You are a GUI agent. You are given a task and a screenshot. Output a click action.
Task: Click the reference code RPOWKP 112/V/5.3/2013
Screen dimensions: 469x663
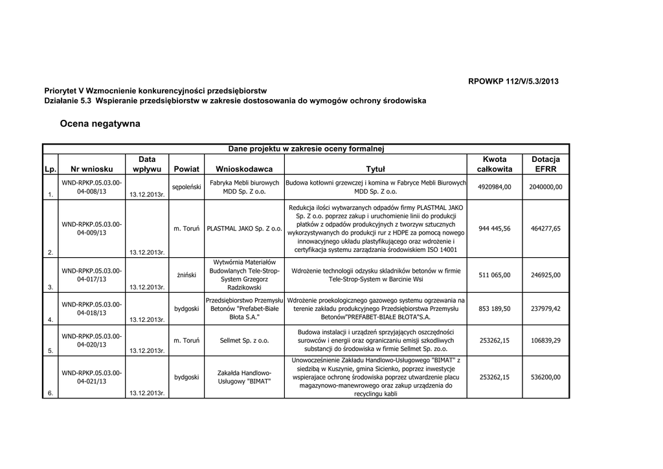tap(513, 81)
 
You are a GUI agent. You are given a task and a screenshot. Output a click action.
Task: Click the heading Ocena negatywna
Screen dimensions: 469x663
tap(100, 123)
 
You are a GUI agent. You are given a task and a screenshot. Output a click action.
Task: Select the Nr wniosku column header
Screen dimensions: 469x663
tap(91, 169)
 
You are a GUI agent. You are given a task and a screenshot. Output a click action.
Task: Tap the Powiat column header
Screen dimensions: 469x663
tap(186, 169)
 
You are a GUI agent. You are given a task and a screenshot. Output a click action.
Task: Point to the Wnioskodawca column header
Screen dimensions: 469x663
tap(244, 169)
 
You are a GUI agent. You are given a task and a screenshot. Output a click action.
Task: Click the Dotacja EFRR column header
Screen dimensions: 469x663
tap(545, 164)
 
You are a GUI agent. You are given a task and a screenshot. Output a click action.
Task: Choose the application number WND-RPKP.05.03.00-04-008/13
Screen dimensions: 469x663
tap(91, 187)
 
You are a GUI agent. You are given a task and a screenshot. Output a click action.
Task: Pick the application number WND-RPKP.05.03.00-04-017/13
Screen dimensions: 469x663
tap(91, 275)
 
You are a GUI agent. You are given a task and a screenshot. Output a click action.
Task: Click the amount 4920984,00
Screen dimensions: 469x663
tap(495, 187)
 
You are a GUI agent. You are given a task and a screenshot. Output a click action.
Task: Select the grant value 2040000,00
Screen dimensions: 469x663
tap(546, 187)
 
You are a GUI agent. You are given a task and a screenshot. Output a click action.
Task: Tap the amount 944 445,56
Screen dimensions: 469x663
tap(495, 229)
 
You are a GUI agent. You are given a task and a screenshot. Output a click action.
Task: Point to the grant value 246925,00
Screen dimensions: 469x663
tap(546, 275)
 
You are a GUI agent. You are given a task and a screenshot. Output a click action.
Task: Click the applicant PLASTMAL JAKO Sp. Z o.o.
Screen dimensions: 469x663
tap(244, 229)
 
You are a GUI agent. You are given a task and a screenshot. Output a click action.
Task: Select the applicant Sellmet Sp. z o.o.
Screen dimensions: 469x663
tap(244, 340)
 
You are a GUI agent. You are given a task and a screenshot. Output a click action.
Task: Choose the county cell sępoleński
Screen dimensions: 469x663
tap(186, 187)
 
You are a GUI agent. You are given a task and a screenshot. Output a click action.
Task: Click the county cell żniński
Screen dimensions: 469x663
tap(186, 275)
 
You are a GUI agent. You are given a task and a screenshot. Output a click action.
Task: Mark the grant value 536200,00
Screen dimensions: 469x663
tap(546, 377)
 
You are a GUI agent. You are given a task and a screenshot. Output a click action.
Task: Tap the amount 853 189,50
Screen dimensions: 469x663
tap(495, 308)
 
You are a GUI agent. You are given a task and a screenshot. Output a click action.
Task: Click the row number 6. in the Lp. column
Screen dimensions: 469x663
tap(50, 393)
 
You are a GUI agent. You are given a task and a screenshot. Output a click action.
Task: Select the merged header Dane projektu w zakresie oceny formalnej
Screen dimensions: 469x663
tap(306, 149)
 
